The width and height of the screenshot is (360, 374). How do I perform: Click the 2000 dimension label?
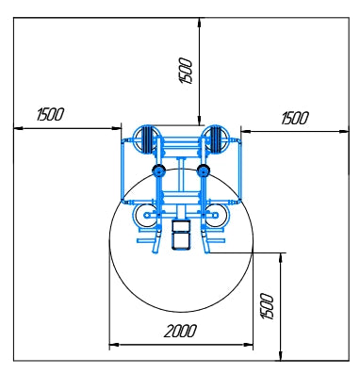click(180, 331)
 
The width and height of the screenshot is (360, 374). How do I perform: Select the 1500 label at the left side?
click(50, 114)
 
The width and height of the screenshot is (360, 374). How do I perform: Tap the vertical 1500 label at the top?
click(185, 71)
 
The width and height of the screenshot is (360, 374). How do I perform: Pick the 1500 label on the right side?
click(295, 118)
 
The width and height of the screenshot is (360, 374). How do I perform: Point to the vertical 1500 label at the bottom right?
click(268, 306)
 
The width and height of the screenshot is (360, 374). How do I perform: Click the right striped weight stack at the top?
click(216, 139)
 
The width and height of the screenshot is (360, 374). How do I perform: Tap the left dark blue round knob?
click(158, 171)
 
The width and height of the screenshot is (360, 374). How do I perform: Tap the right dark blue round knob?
click(204, 171)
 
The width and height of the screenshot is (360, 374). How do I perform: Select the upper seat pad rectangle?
click(181, 225)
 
